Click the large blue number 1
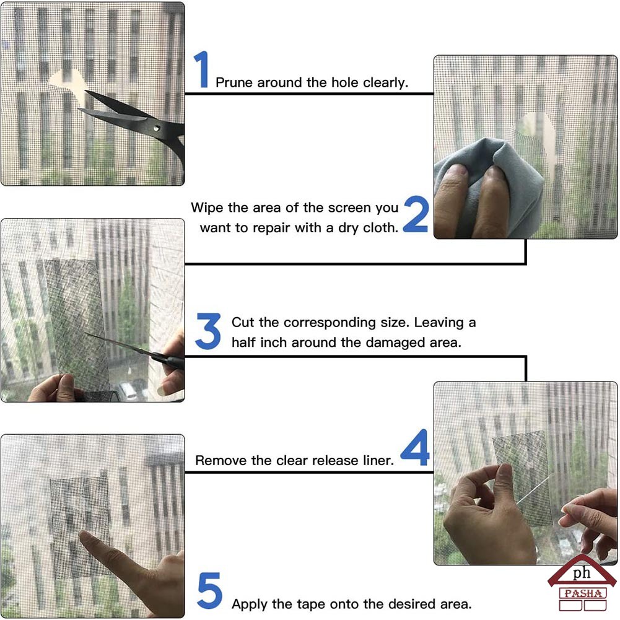(x=202, y=69)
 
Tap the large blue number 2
(x=416, y=214)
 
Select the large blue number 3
(x=208, y=331)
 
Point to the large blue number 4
(x=416, y=447)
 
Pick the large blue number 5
(x=209, y=590)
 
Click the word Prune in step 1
(x=234, y=82)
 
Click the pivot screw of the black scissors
(x=157, y=128)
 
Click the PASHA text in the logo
(x=583, y=593)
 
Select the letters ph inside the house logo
(x=582, y=573)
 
